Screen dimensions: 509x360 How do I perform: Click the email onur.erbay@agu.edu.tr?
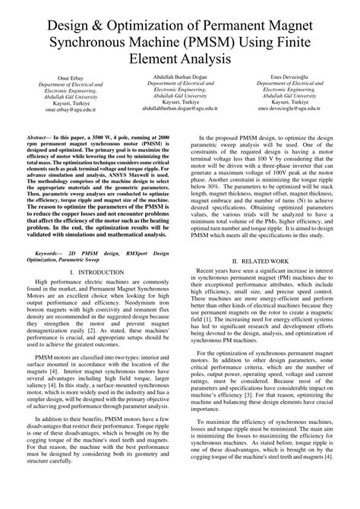[61, 109]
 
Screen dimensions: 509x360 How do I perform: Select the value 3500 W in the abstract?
[112, 131]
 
